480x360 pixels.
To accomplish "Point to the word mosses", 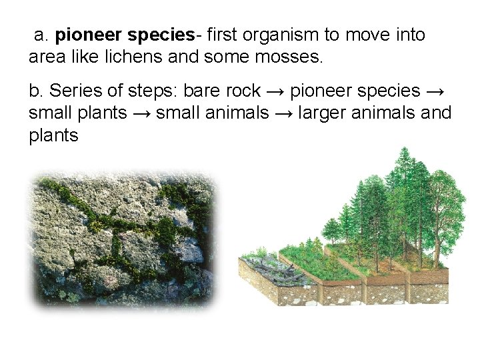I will tap(289, 57).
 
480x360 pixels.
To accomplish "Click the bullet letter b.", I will tap(35, 91).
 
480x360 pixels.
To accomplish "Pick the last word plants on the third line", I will tap(53, 137).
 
